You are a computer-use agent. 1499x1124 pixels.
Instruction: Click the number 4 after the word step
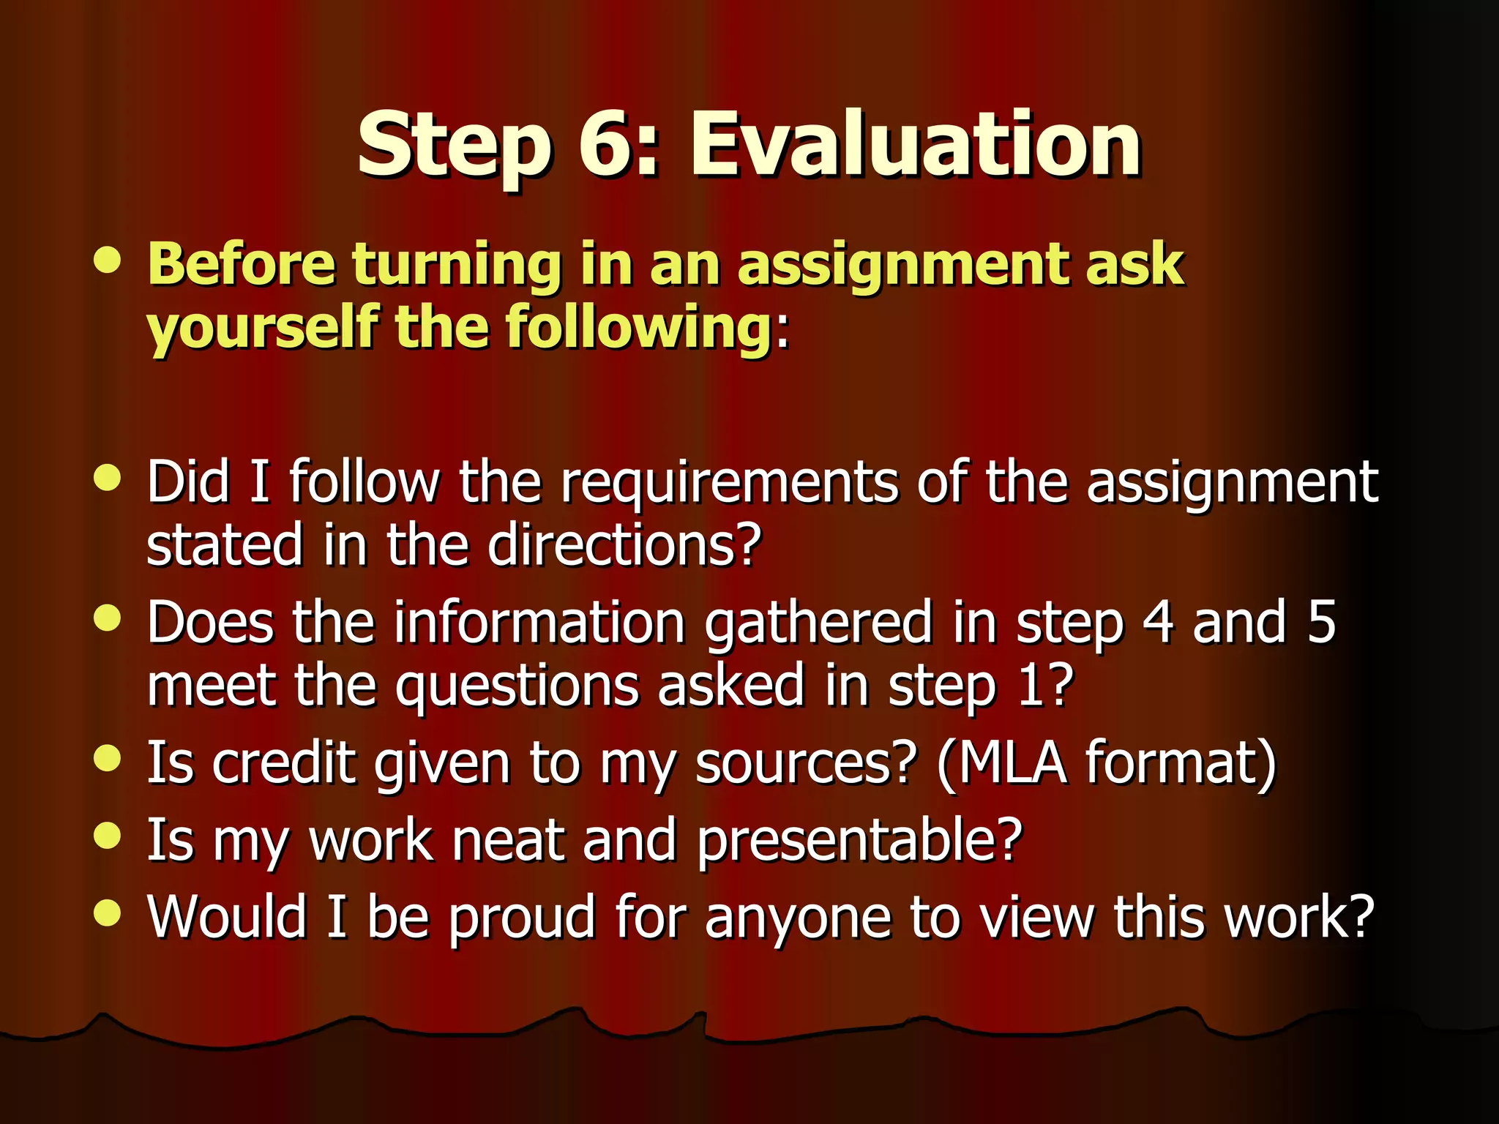point(1157,622)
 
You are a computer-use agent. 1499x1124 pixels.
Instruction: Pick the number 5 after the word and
point(1321,622)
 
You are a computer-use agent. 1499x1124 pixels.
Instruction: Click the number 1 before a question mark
point(1032,686)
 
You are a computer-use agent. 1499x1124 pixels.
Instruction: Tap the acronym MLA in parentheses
point(1012,763)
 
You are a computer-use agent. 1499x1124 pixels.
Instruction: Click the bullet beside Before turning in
point(108,260)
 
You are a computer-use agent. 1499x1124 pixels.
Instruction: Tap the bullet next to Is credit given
point(108,758)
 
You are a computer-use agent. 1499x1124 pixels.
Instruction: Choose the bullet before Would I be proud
point(108,913)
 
